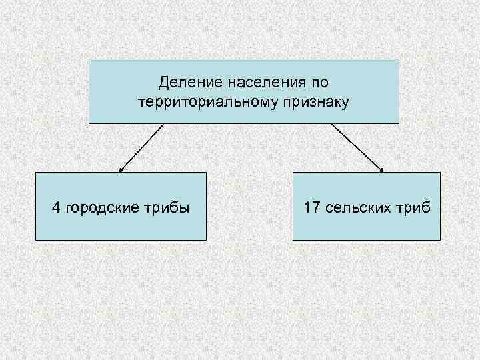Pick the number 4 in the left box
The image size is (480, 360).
click(56, 207)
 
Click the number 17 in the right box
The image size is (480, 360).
click(311, 207)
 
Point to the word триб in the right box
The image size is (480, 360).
click(415, 207)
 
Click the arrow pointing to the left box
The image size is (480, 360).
click(142, 147)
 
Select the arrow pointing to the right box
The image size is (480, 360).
click(357, 147)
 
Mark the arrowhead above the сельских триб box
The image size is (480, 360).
click(382, 170)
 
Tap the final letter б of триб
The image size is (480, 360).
click(427, 207)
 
